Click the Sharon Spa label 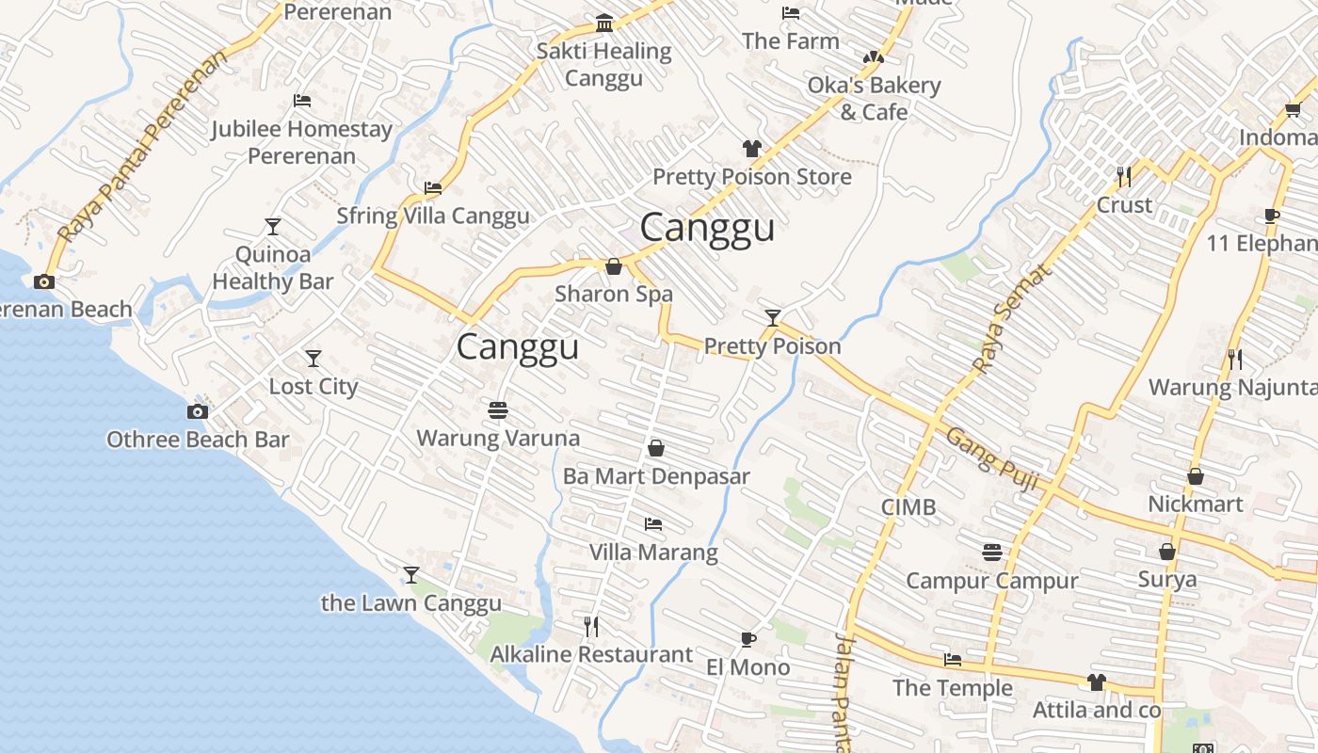click(614, 294)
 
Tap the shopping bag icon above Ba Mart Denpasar click(656, 448)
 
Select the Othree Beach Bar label click(198, 440)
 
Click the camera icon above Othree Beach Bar click(198, 411)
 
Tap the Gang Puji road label click(992, 459)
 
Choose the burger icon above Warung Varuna click(498, 410)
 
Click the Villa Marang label click(653, 552)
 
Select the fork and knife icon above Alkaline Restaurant click(591, 626)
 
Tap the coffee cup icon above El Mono click(748, 640)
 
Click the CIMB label click(908, 507)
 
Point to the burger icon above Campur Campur click(991, 553)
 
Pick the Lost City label click(313, 387)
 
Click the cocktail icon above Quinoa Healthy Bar click(273, 227)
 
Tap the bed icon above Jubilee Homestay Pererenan click(301, 101)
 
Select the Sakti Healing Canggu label click(603, 64)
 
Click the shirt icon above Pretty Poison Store click(752, 149)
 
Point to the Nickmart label click(1196, 504)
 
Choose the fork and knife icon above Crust click(1124, 176)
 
